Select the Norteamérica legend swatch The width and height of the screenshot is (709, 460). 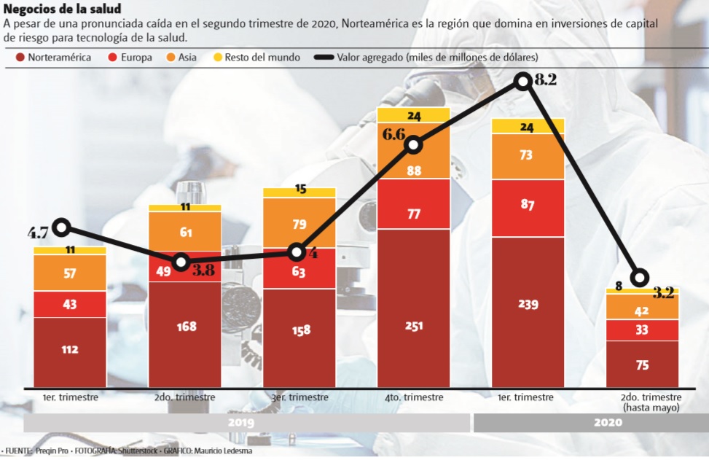click(19, 57)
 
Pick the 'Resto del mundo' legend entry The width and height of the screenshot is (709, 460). click(252, 57)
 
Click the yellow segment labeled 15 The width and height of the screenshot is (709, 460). click(299, 192)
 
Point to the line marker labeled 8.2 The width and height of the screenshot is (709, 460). click(522, 81)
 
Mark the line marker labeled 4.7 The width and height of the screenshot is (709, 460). click(61, 227)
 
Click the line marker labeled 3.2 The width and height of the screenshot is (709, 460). click(640, 277)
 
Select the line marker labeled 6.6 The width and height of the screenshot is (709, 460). click(413, 144)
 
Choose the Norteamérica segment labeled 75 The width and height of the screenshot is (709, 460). click(642, 365)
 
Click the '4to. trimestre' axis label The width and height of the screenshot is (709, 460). click(414, 397)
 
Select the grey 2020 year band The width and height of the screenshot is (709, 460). click(590, 424)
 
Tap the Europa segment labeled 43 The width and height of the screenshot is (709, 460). click(70, 305)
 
